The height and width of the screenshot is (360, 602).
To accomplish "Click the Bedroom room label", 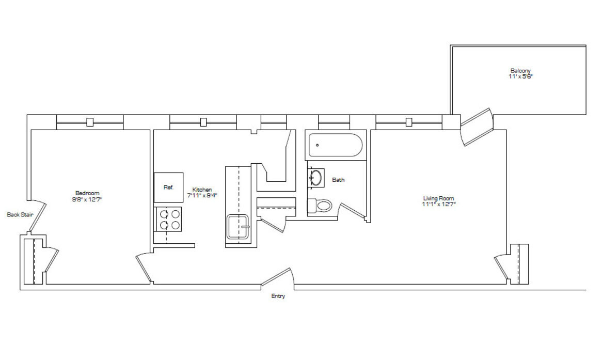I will tap(87, 193).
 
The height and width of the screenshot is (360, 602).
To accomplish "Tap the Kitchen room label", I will tap(202, 190).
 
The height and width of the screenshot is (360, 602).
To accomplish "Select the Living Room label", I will tap(439, 198).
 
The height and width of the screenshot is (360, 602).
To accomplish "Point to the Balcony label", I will tap(520, 71).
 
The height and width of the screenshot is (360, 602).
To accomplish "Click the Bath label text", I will tap(338, 180).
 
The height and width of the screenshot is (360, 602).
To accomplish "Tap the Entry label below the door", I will tap(278, 296).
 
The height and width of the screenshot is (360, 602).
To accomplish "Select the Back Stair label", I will tap(20, 214).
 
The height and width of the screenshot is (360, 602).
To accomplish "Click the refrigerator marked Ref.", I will tap(168, 187).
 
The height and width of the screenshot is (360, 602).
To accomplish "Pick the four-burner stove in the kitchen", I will tap(168, 218).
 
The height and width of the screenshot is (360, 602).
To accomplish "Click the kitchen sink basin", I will tap(238, 227).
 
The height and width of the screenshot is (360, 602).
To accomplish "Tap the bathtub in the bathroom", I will tap(336, 145).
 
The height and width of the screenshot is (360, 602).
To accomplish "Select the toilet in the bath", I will tap(320, 206).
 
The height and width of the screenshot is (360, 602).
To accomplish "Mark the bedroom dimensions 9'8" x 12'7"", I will tap(87, 199).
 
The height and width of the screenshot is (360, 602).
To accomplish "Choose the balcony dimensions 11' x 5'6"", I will tap(520, 77).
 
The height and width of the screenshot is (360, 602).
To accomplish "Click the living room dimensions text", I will tap(439, 205).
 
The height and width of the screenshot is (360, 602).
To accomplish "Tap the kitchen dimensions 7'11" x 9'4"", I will tap(202, 196).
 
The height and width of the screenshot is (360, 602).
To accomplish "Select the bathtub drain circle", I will tap(317, 145).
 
